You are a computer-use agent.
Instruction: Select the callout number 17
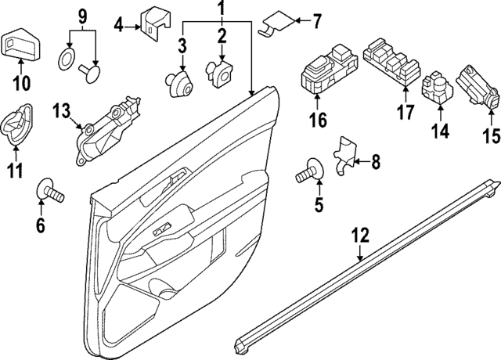(x=404, y=113)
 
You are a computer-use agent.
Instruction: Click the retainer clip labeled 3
(x=182, y=81)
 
